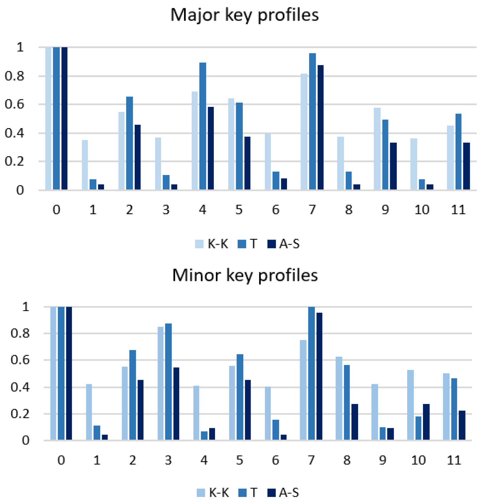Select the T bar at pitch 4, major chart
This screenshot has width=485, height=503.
pos(203,126)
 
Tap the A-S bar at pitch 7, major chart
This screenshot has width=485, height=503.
pos(320,127)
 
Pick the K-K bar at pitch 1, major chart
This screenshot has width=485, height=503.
pos(85,165)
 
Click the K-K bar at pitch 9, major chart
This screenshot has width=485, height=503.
pos(377,148)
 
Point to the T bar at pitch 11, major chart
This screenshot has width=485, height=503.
pos(458,151)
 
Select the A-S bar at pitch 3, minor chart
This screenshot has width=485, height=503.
pos(176,403)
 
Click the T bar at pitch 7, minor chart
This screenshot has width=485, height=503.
pos(311,373)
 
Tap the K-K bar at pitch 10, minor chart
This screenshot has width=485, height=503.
pos(410,405)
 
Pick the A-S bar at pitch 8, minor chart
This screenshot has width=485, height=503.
pos(355,422)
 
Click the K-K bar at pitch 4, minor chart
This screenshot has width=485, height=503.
pos(196,412)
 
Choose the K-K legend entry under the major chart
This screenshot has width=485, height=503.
pos(212,244)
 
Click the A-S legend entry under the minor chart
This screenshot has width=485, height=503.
pos(283,493)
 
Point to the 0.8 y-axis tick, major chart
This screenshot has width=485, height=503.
pos(14,76)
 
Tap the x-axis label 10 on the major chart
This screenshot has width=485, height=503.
pos(421,210)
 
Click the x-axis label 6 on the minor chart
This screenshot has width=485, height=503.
pos(275,460)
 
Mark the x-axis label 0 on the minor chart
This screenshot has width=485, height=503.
pos(61,460)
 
